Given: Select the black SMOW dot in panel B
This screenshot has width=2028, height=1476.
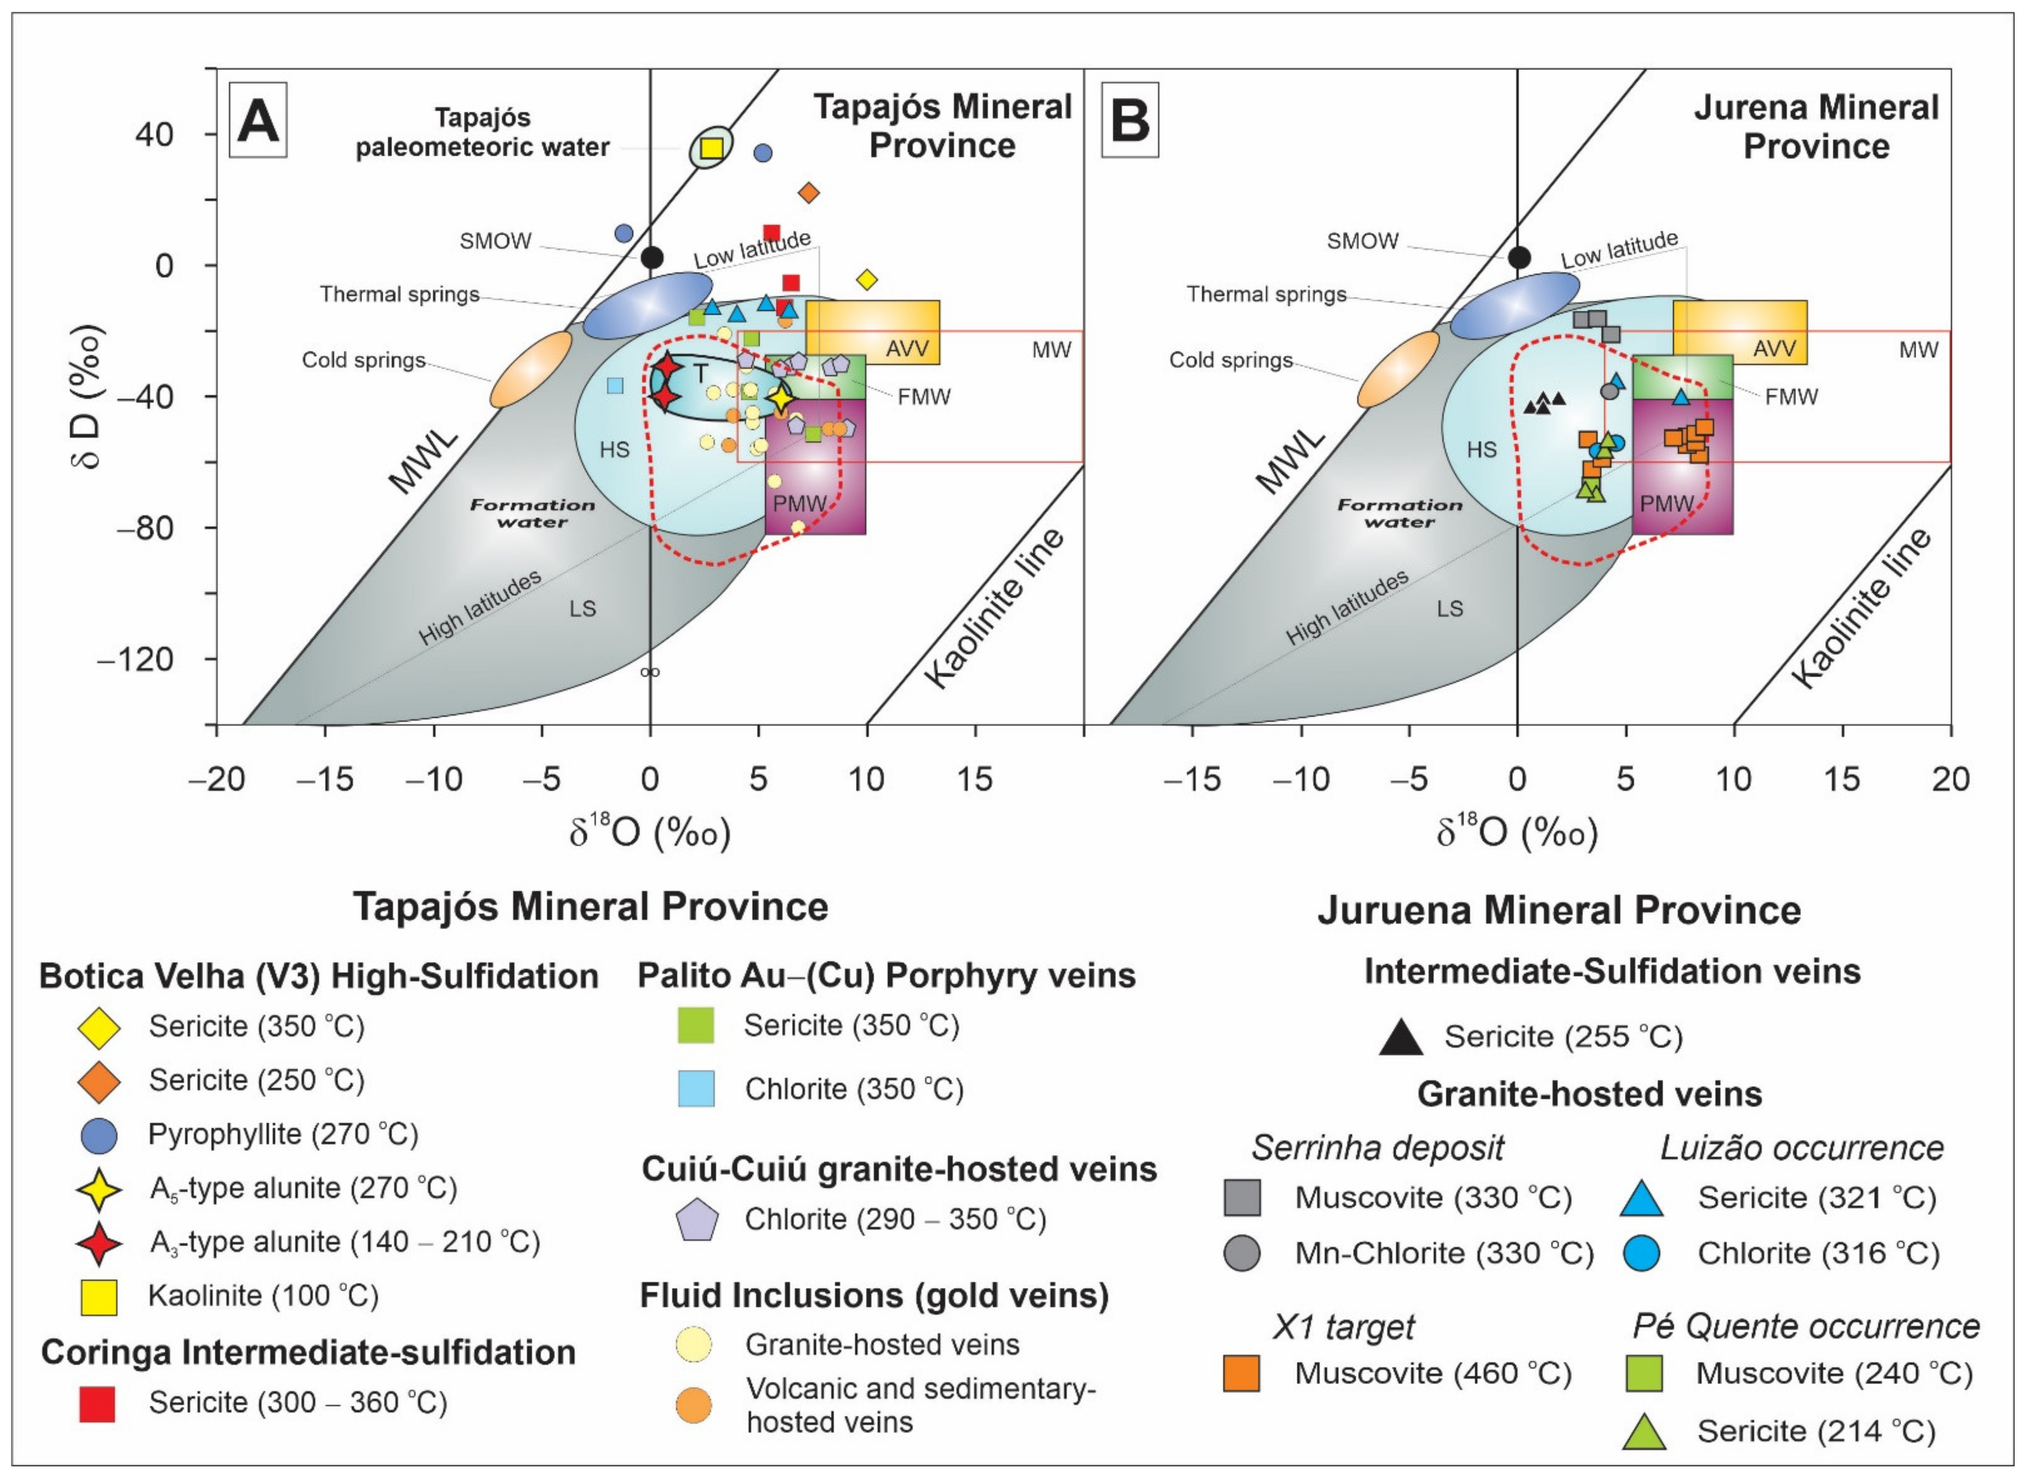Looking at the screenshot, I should click(1518, 257).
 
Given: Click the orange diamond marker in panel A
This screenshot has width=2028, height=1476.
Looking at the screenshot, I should click(809, 192).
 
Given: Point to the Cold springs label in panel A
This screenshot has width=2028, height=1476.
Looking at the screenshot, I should click(363, 360).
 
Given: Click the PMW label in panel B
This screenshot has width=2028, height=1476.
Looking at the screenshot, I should click(1667, 503).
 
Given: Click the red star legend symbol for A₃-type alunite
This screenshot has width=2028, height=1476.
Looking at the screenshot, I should click(98, 1242).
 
